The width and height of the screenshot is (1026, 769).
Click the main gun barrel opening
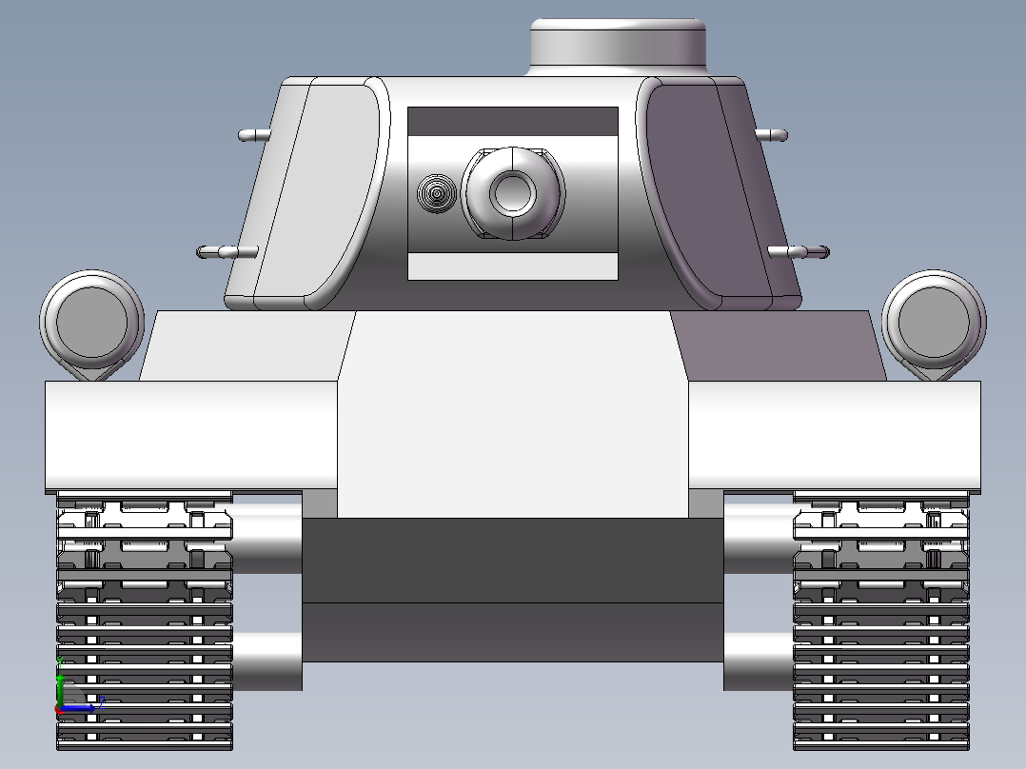[x=513, y=192]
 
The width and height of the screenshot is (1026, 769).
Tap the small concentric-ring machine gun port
[x=436, y=193]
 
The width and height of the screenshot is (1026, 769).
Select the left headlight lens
[x=91, y=321]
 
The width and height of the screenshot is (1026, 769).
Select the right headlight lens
[x=934, y=321]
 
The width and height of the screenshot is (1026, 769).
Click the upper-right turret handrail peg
[x=771, y=134]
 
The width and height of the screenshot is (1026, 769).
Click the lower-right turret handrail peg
[x=799, y=252]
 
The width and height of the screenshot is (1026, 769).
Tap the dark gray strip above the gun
[x=513, y=121]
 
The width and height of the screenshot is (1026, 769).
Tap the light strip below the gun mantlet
[x=513, y=266]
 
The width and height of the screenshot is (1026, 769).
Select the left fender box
[x=191, y=435]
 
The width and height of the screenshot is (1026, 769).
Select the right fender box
[x=834, y=435]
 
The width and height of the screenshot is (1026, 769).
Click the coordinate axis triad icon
[x=71, y=699]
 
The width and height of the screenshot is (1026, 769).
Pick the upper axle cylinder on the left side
[x=266, y=539]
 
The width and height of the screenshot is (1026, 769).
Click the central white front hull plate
[x=513, y=419]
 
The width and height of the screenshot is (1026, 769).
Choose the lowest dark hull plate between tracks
[x=513, y=632]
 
